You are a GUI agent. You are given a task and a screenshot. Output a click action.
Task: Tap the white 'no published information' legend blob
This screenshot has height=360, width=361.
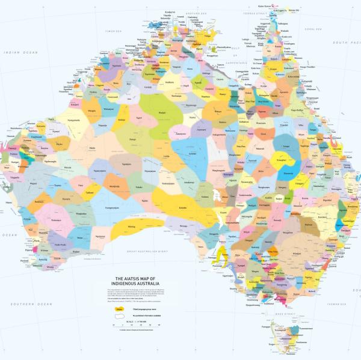pos(120,317)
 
